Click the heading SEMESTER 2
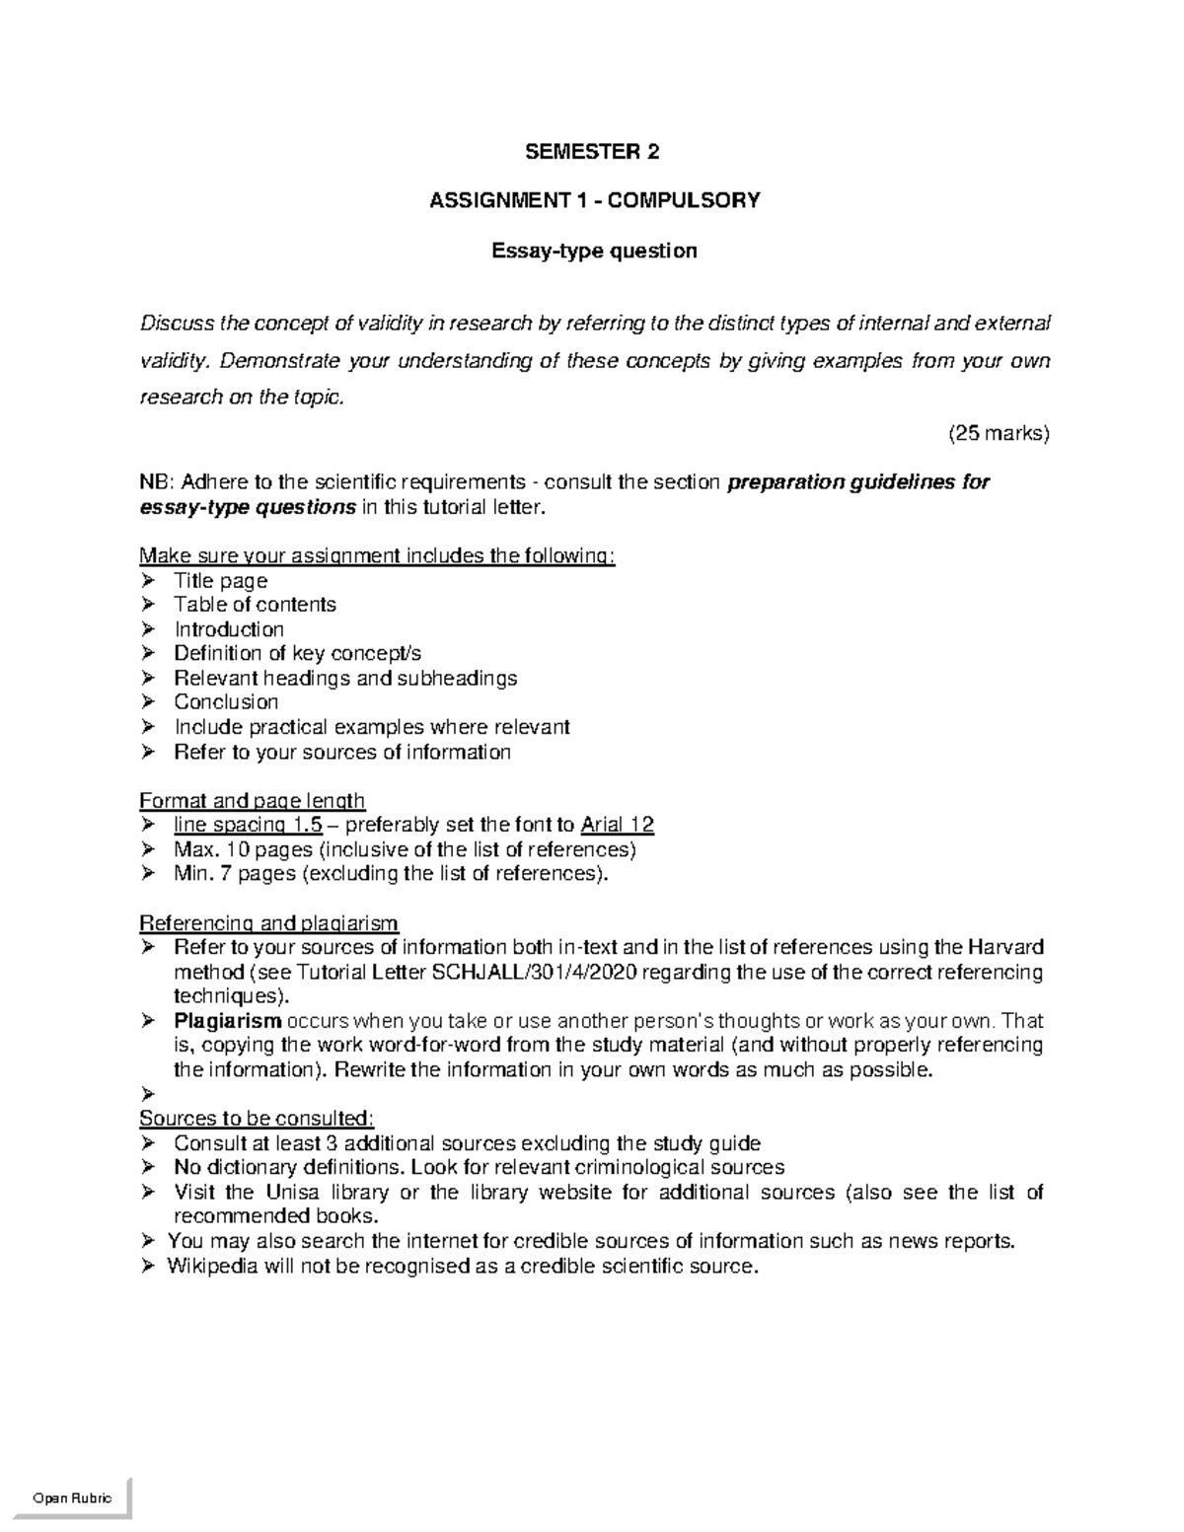point(592,152)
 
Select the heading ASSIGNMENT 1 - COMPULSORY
point(595,201)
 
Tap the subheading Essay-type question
point(594,251)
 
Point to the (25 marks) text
point(999,433)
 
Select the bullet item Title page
point(220,580)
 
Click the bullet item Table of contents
point(255,605)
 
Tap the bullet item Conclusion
point(226,702)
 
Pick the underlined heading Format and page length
point(253,800)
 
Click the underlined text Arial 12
point(618,825)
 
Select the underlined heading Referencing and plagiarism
point(268,923)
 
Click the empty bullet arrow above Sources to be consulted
point(149,1094)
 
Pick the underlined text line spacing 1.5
point(248,825)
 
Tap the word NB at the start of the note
point(155,482)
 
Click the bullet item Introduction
point(229,629)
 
